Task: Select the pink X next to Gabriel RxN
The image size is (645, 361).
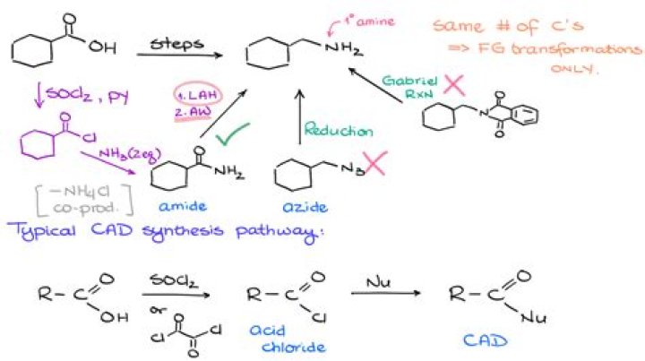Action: click(453, 87)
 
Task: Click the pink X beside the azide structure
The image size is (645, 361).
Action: click(374, 165)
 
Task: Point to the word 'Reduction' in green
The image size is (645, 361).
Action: click(339, 131)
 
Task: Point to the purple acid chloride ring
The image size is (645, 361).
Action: click(41, 143)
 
